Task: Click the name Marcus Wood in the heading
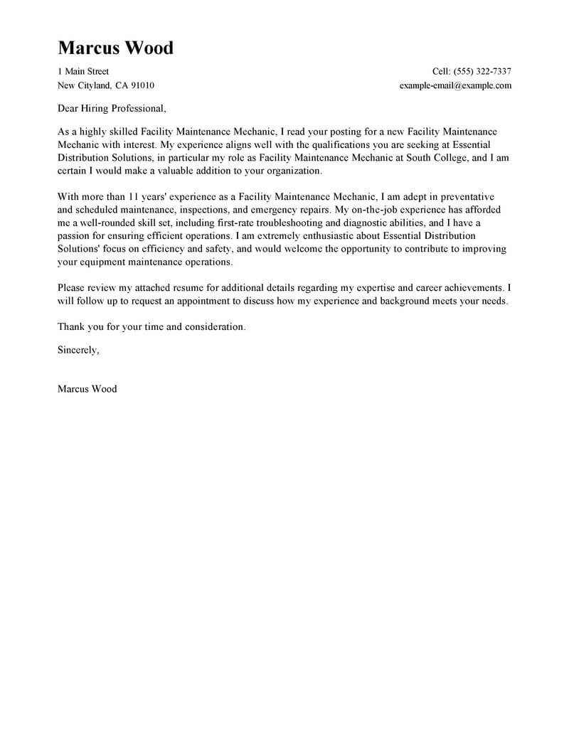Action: pos(115,48)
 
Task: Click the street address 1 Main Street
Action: pos(83,71)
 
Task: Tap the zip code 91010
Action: pos(141,85)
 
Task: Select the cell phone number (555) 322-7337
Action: pos(484,71)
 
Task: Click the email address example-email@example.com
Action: pos(456,85)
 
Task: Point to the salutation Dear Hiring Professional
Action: pos(112,109)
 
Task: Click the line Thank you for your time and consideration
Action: pos(152,326)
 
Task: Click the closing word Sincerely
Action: pos(78,350)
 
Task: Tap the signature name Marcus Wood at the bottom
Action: pos(87,389)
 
